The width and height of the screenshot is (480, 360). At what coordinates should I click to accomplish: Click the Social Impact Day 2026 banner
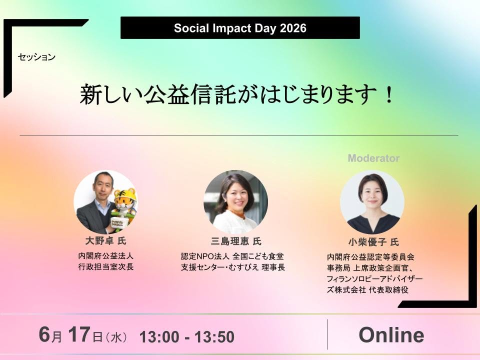pos(240,28)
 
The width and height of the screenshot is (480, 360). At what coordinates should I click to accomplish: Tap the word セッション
pos(36,57)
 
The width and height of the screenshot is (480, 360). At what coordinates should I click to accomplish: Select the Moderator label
pos(374,158)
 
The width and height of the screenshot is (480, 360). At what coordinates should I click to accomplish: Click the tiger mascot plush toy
pos(124,207)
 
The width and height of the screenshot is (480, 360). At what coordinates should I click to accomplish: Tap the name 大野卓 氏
pos(105,240)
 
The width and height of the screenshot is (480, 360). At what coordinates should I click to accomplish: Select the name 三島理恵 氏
pos(236,241)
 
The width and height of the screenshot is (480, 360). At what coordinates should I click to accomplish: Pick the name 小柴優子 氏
pos(373,242)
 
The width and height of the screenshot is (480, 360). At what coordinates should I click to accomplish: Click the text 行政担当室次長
pos(106,266)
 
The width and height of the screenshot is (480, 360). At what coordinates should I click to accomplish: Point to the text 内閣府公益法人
pos(106,256)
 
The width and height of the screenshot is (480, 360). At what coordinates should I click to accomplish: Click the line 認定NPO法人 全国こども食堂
pos(232,256)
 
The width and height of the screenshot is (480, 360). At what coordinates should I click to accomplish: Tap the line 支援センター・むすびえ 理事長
pos(233,267)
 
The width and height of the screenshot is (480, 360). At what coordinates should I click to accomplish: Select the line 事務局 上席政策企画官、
pos(370,268)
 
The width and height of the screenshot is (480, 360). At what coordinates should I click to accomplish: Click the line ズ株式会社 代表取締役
pos(367,289)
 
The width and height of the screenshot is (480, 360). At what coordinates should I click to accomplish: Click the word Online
pos(391,335)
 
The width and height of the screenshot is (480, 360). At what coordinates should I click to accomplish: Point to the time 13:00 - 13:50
pos(186,336)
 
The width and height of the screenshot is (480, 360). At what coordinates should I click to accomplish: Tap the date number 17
pos(79,334)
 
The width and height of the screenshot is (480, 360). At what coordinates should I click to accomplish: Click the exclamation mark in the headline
pos(389,94)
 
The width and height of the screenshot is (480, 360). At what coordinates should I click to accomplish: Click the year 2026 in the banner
pos(293,28)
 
